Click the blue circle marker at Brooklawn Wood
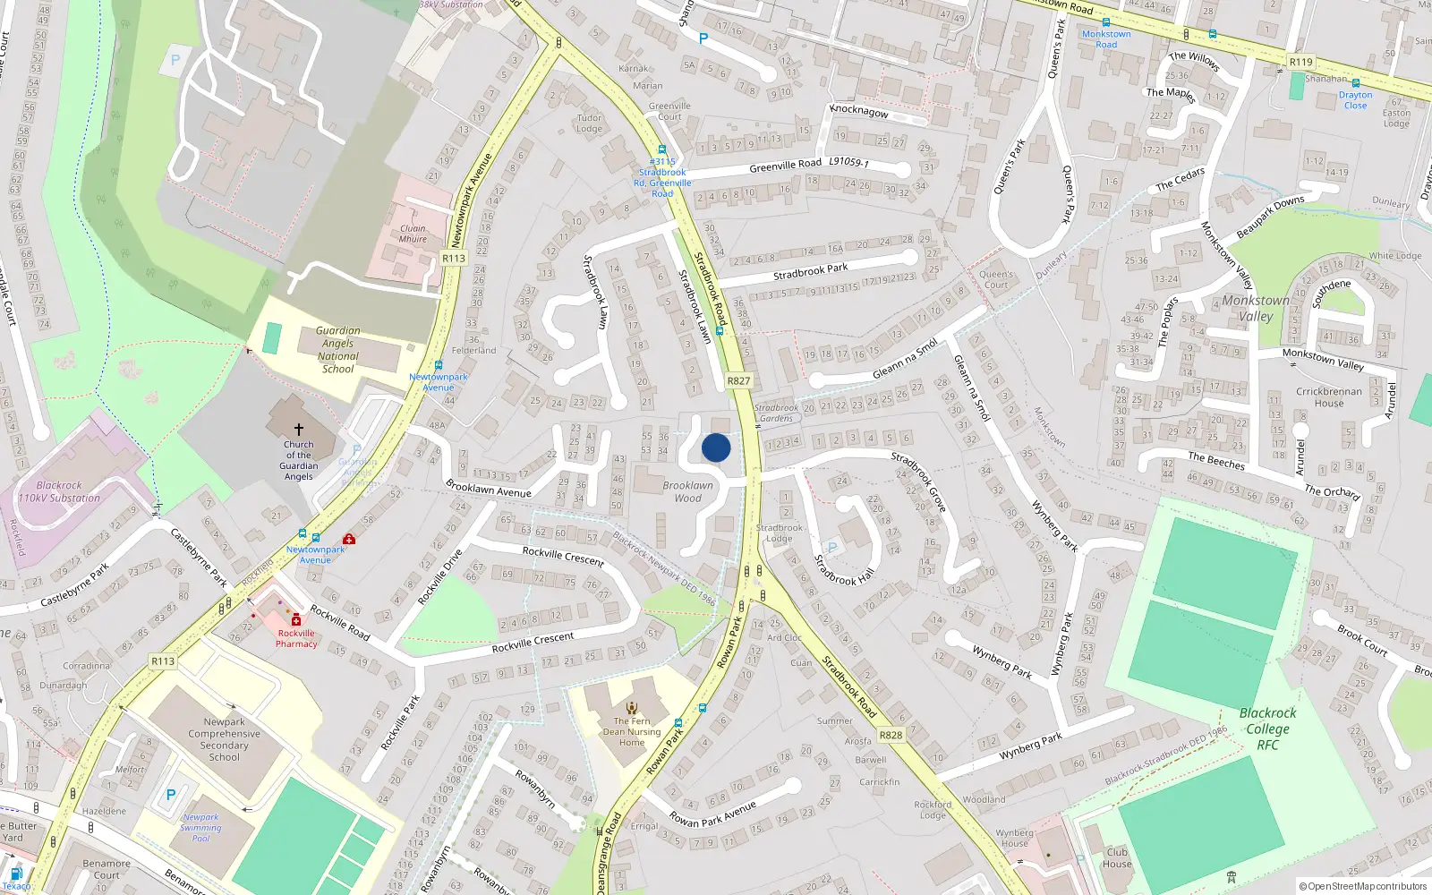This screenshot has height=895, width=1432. pyautogui.click(x=716, y=447)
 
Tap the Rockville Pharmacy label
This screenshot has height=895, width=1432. pyautogui.click(x=296, y=638)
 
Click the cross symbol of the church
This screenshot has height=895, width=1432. pyautogui.click(x=299, y=430)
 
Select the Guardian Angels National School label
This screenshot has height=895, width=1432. pyautogui.click(x=338, y=350)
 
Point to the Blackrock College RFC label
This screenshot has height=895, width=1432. pyautogui.click(x=1267, y=729)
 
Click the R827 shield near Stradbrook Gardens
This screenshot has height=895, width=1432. pyautogui.click(x=738, y=380)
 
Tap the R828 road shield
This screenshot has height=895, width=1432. pyautogui.click(x=891, y=735)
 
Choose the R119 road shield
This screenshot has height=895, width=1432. pyautogui.click(x=1300, y=62)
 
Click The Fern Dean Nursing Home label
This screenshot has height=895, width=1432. pyautogui.click(x=632, y=731)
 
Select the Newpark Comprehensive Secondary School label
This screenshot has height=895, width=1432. pyautogui.click(x=225, y=739)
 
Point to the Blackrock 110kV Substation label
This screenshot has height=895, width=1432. pyautogui.click(x=59, y=491)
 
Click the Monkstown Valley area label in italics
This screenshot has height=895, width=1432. pyautogui.click(x=1256, y=308)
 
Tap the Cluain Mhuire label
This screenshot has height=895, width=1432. pyautogui.click(x=413, y=234)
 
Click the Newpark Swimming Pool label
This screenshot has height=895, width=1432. pyautogui.click(x=200, y=827)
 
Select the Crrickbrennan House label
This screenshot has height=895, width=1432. pyautogui.click(x=1329, y=396)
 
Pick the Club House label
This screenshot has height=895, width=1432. pyautogui.click(x=1117, y=857)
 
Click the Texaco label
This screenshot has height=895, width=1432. pyautogui.click(x=16, y=886)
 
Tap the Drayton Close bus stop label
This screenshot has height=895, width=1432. pyautogui.click(x=1355, y=100)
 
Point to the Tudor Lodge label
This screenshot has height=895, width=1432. pyautogui.click(x=589, y=123)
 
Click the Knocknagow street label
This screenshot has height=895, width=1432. pyautogui.click(x=859, y=111)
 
